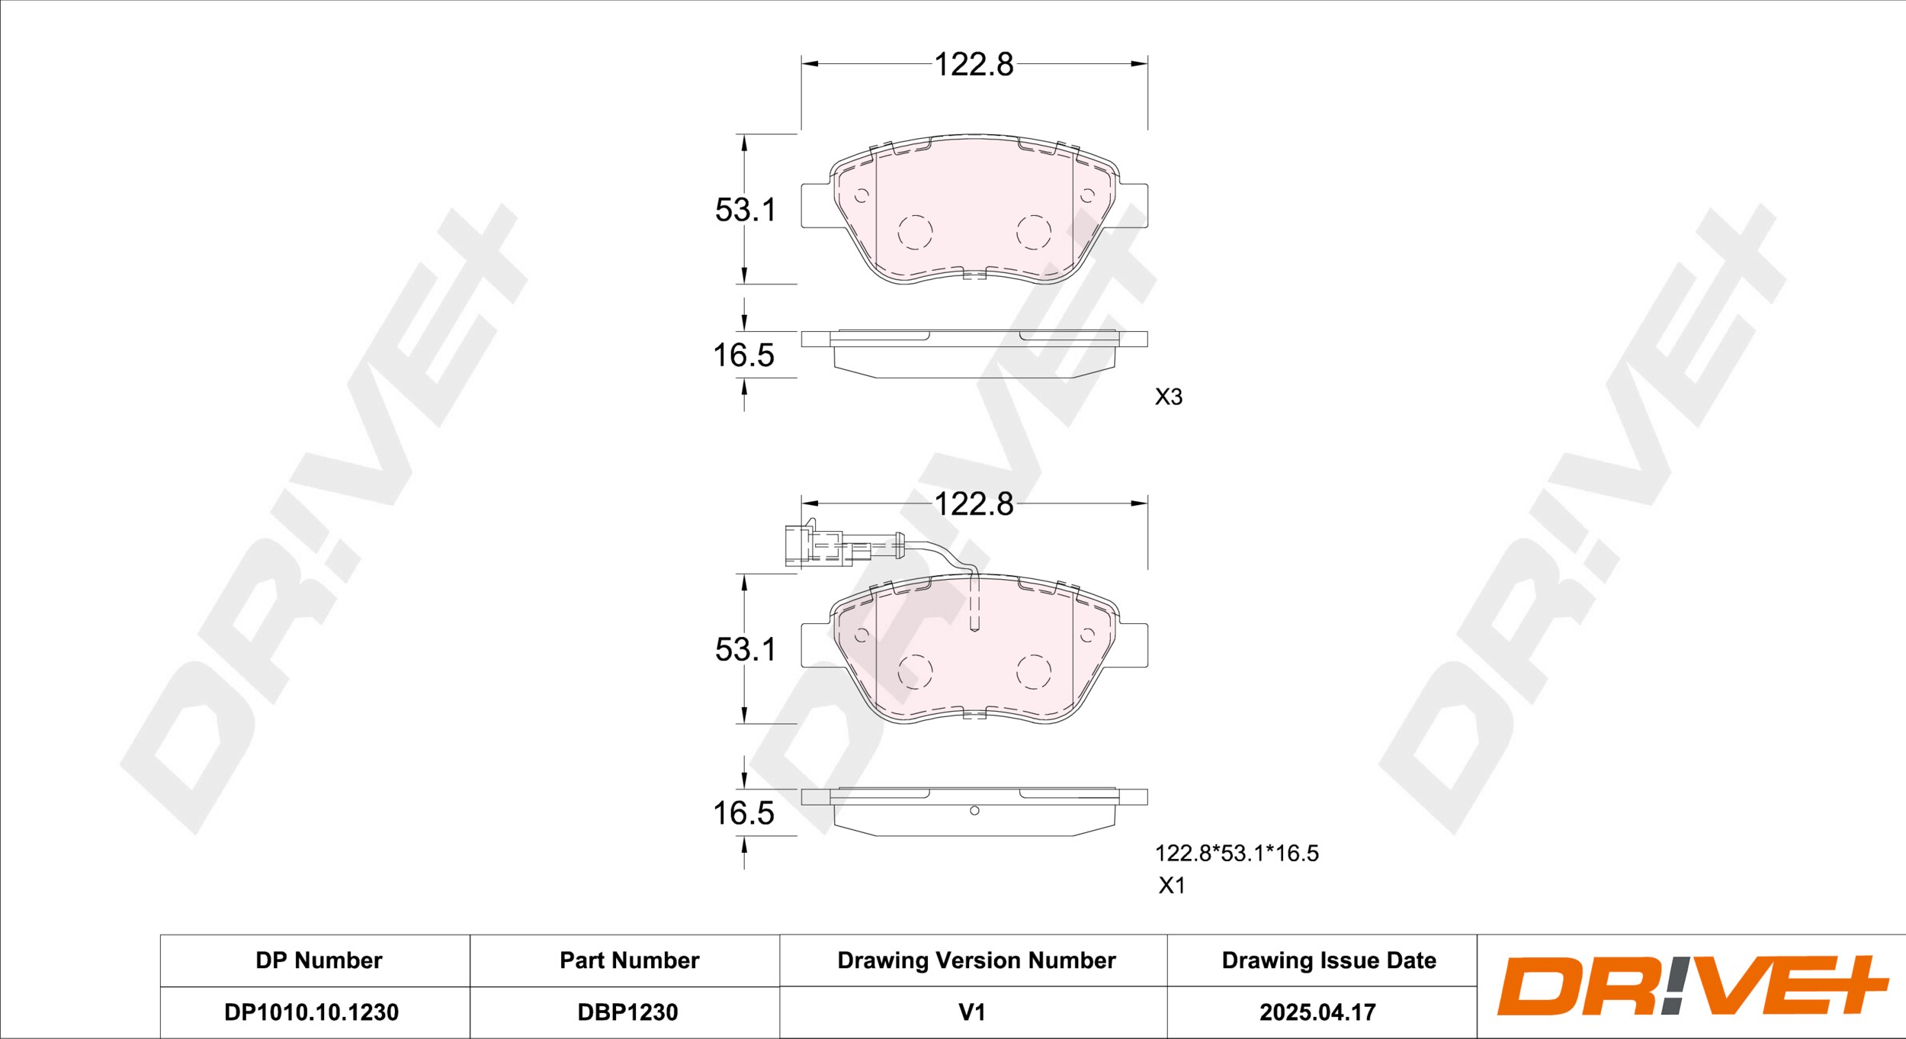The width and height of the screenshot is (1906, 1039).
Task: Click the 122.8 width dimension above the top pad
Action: click(974, 65)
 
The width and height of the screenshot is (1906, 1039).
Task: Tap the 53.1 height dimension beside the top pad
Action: click(745, 210)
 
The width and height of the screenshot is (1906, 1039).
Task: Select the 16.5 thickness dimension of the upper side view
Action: click(743, 355)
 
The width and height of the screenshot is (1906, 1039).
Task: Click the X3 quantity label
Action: click(1168, 397)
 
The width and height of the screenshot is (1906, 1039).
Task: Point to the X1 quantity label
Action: click(1172, 886)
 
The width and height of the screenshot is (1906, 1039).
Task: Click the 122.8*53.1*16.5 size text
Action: click(1237, 853)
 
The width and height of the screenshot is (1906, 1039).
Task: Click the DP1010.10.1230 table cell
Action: click(311, 1012)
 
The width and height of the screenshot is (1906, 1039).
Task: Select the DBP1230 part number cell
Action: click(627, 1012)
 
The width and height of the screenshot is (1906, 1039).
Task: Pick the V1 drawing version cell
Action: click(972, 1012)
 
